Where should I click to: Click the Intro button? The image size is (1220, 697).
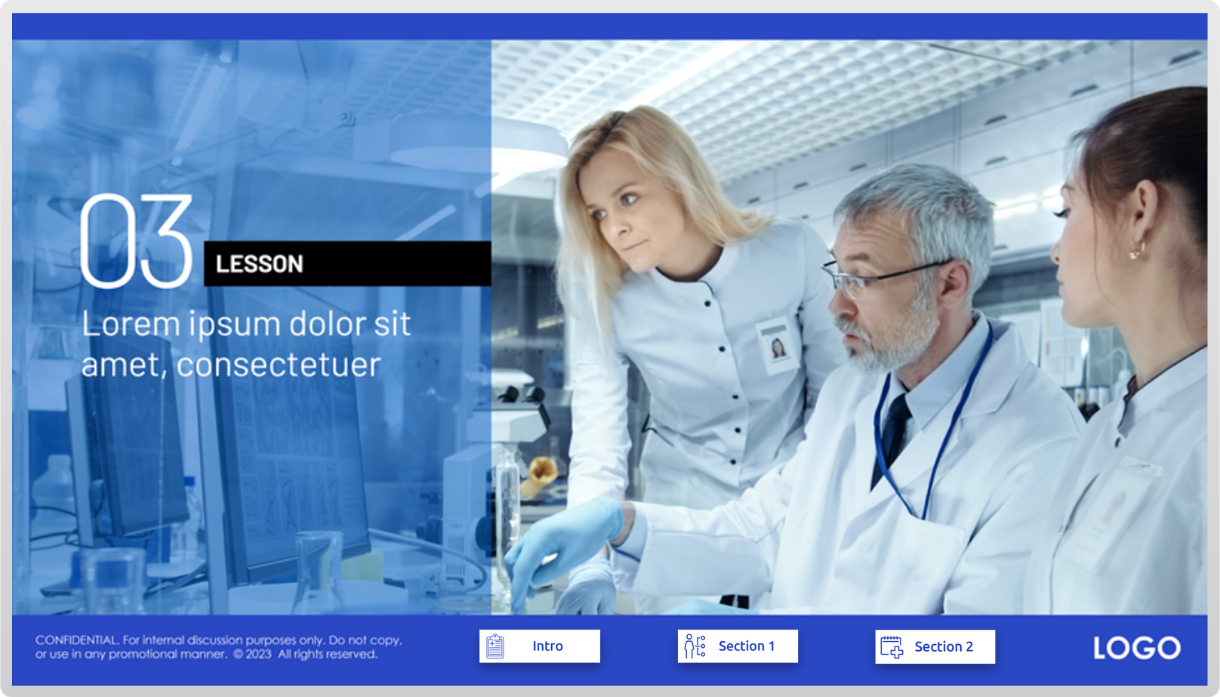[x=539, y=646]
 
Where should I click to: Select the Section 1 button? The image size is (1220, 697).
[x=738, y=646]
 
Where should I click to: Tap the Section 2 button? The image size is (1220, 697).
[x=935, y=647]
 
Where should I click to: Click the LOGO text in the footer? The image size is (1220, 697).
[x=1137, y=648]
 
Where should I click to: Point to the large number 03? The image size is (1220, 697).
[x=136, y=240]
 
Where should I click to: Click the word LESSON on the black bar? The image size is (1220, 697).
[x=259, y=264]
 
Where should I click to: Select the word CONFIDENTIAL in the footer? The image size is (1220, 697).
[x=76, y=640]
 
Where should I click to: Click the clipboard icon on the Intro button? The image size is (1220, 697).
[x=495, y=646]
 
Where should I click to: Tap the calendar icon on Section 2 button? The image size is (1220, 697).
[x=892, y=647]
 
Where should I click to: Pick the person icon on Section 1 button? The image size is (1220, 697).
[x=695, y=646]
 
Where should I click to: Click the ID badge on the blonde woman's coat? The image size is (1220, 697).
[x=777, y=345]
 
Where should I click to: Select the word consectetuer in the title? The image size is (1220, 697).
[x=279, y=365]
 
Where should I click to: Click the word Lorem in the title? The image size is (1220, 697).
[x=131, y=324]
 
